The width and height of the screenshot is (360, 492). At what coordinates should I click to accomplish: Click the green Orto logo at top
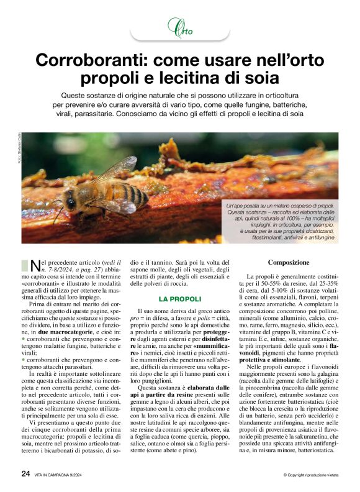click(179, 27)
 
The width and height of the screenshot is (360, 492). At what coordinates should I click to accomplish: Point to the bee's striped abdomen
click(127, 194)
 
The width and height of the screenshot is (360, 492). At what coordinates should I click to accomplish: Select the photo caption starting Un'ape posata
click(281, 222)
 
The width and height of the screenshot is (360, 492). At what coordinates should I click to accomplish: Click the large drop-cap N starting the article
click(33, 266)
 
